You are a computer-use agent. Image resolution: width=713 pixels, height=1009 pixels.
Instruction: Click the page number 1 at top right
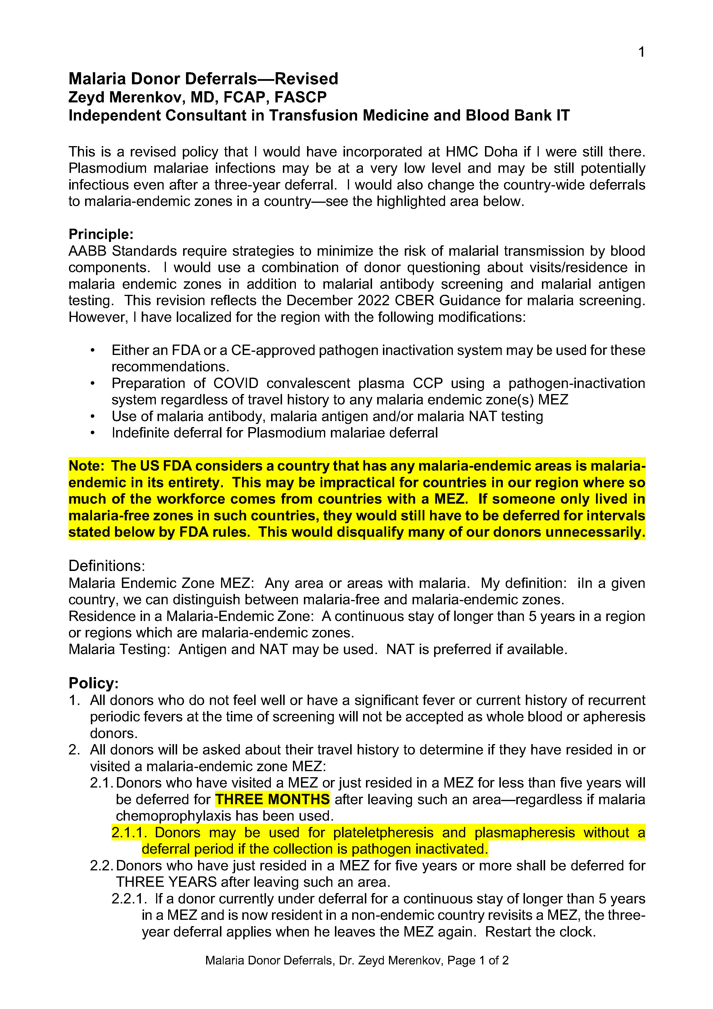641,52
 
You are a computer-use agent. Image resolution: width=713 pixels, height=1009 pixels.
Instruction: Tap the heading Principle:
101,234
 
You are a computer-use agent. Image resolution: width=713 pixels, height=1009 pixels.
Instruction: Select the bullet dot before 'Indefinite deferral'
92,433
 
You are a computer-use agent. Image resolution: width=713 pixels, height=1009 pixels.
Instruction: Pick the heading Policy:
93,683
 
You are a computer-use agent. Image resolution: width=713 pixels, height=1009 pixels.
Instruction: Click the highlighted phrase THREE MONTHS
272,799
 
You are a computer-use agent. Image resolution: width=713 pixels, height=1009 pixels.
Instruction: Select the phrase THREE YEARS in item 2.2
166,882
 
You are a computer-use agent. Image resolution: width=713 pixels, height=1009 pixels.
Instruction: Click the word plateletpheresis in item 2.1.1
383,832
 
